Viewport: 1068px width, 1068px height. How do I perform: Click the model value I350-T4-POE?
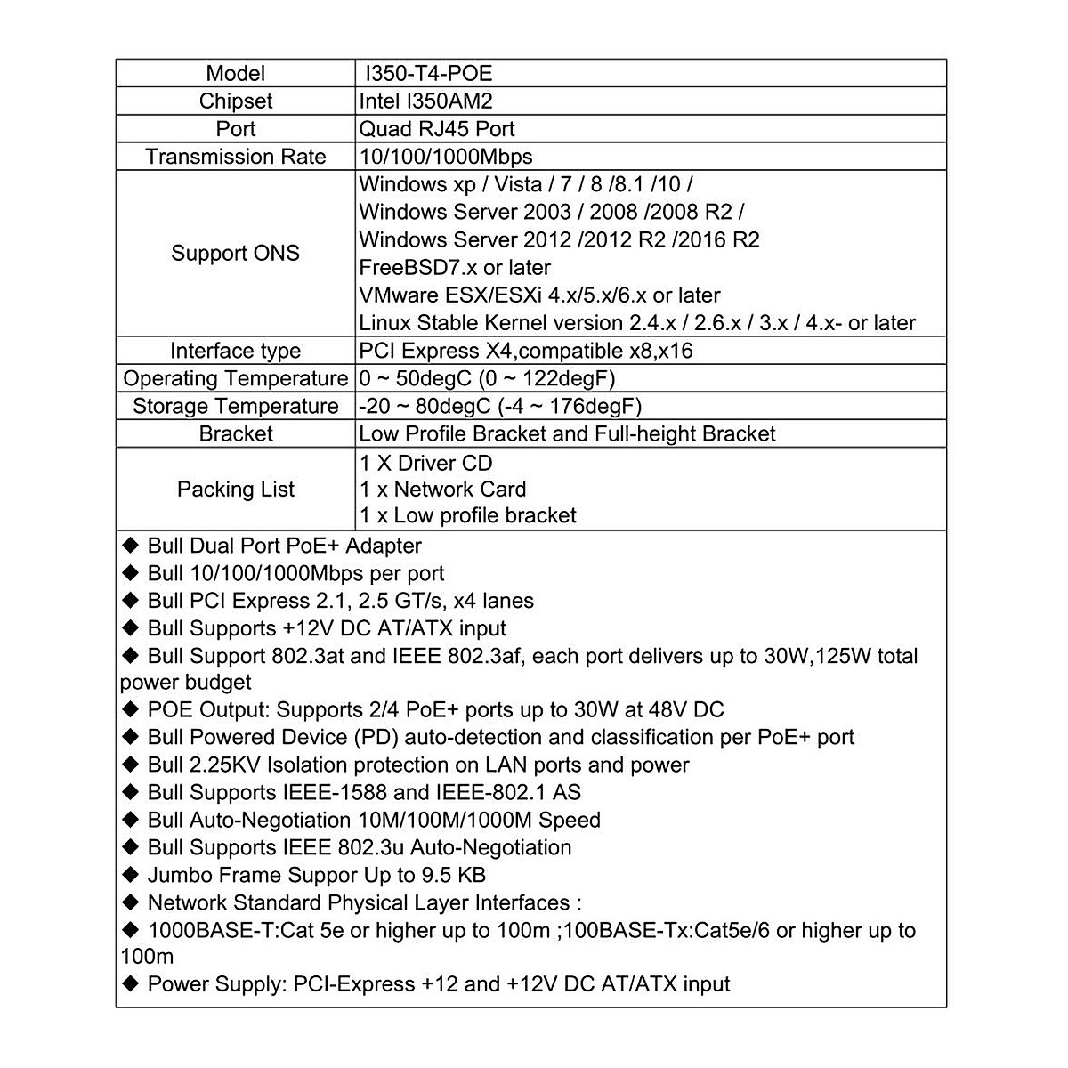click(425, 73)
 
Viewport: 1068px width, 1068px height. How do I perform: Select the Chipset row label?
click(236, 101)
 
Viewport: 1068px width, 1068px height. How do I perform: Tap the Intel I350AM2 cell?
click(425, 101)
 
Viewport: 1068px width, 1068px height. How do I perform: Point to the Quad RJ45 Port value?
click(436, 128)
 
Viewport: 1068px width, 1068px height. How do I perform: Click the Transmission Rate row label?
click(236, 157)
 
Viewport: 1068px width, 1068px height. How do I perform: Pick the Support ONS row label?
click(236, 253)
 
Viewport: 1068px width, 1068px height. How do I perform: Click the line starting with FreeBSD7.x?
click(455, 267)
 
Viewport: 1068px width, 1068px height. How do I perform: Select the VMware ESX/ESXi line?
click(539, 295)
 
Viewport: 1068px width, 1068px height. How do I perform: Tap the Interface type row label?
click(236, 351)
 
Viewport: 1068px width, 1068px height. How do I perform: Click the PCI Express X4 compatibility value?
click(525, 351)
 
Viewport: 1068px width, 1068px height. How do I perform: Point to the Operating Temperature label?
click(236, 378)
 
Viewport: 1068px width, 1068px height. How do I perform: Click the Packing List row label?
click(236, 489)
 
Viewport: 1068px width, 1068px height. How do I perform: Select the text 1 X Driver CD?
click(425, 463)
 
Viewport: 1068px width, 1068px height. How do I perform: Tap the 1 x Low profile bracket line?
click(467, 515)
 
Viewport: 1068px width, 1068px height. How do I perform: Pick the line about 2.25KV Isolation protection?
click(418, 765)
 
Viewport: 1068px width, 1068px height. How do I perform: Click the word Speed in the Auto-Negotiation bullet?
click(570, 820)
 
